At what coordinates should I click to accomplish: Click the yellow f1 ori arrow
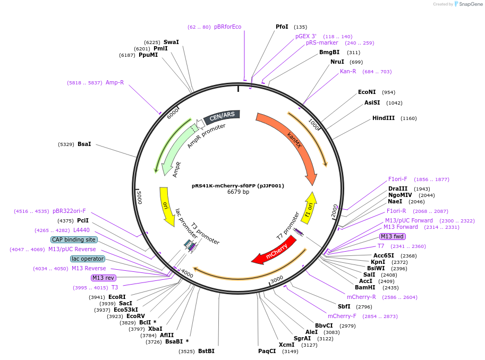click(310, 208)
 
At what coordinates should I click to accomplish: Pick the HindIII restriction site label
click(383, 118)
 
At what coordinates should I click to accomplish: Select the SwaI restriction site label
click(171, 42)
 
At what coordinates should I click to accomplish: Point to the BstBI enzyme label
click(206, 351)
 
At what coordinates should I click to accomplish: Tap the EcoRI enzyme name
click(117, 297)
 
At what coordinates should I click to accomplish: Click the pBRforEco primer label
click(227, 27)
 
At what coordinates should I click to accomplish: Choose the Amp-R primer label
click(115, 82)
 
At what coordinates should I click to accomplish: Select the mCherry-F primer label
click(340, 316)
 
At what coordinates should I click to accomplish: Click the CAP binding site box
click(74, 239)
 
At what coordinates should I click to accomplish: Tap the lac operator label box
click(88, 259)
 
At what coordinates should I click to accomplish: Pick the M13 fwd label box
click(393, 236)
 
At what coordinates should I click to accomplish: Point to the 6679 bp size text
click(238, 192)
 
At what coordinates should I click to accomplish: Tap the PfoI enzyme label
click(282, 27)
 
